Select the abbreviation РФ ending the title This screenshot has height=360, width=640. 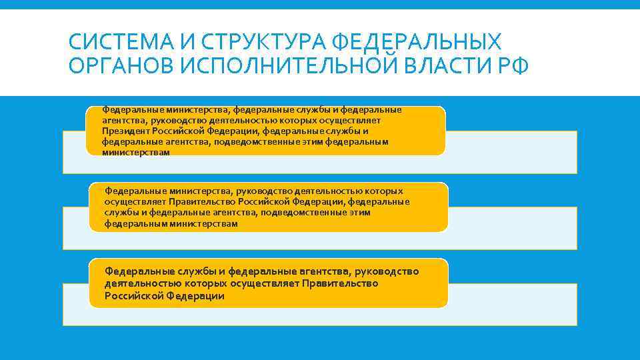click(x=511, y=67)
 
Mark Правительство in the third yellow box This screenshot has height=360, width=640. click(x=340, y=283)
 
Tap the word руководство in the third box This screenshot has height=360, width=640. click(x=387, y=271)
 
